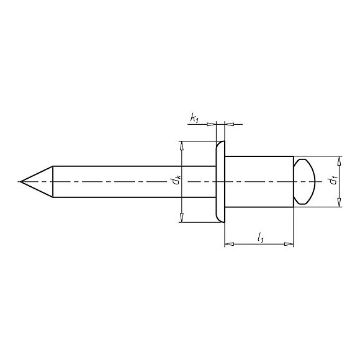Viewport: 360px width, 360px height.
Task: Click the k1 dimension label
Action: [194, 117]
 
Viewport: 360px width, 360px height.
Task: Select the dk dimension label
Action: [177, 181]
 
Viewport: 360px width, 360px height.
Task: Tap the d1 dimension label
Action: [333, 181]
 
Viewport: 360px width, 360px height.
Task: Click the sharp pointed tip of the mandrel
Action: [20, 181]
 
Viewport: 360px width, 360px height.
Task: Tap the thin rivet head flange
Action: [219, 181]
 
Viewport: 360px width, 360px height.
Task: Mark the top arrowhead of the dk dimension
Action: [181, 145]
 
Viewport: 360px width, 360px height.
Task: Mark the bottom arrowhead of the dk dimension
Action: [181, 217]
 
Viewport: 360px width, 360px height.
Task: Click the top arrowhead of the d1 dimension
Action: [339, 160]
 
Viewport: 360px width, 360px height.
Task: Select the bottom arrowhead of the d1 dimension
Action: [339, 203]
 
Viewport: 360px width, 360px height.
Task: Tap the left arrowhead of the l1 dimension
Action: [227, 245]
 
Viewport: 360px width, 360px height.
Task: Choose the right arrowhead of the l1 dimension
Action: [289, 245]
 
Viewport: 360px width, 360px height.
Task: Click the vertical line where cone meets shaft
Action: [53, 181]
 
